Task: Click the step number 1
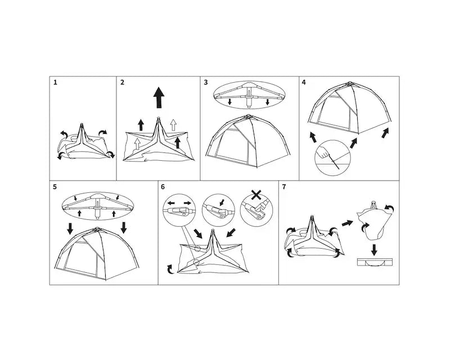point(55,82)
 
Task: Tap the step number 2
point(123,82)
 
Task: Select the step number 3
point(206,82)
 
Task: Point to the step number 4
point(304,82)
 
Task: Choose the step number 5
point(55,187)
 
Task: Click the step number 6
point(163,187)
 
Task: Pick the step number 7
point(284,187)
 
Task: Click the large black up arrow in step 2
point(159,98)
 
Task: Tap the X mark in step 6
point(256,195)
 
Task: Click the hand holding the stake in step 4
point(324,152)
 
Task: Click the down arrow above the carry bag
point(374,250)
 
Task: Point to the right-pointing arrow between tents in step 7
point(347,223)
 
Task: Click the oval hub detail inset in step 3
point(249,94)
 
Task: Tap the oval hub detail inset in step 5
point(98,206)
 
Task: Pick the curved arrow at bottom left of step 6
point(170,269)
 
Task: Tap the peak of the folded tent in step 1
point(82,124)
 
